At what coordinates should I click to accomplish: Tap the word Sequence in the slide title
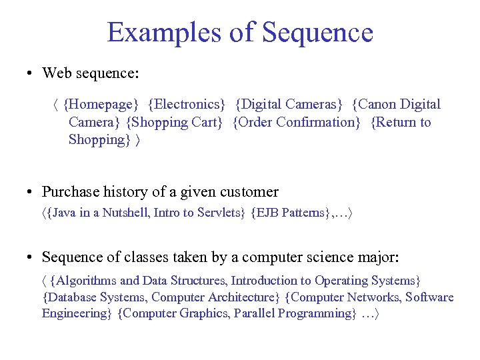point(318,32)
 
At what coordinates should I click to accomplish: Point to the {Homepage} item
point(103,104)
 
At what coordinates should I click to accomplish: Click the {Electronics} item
point(187,104)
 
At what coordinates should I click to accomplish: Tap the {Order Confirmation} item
point(297,122)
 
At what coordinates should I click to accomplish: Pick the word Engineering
point(74,313)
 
